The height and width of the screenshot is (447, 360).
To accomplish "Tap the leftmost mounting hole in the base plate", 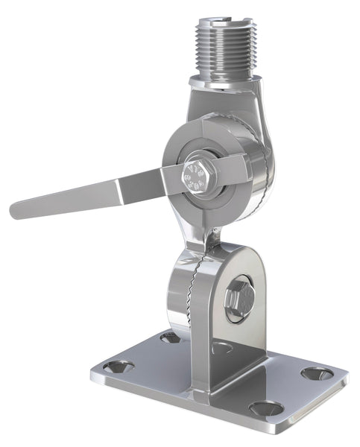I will tap(119, 367).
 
